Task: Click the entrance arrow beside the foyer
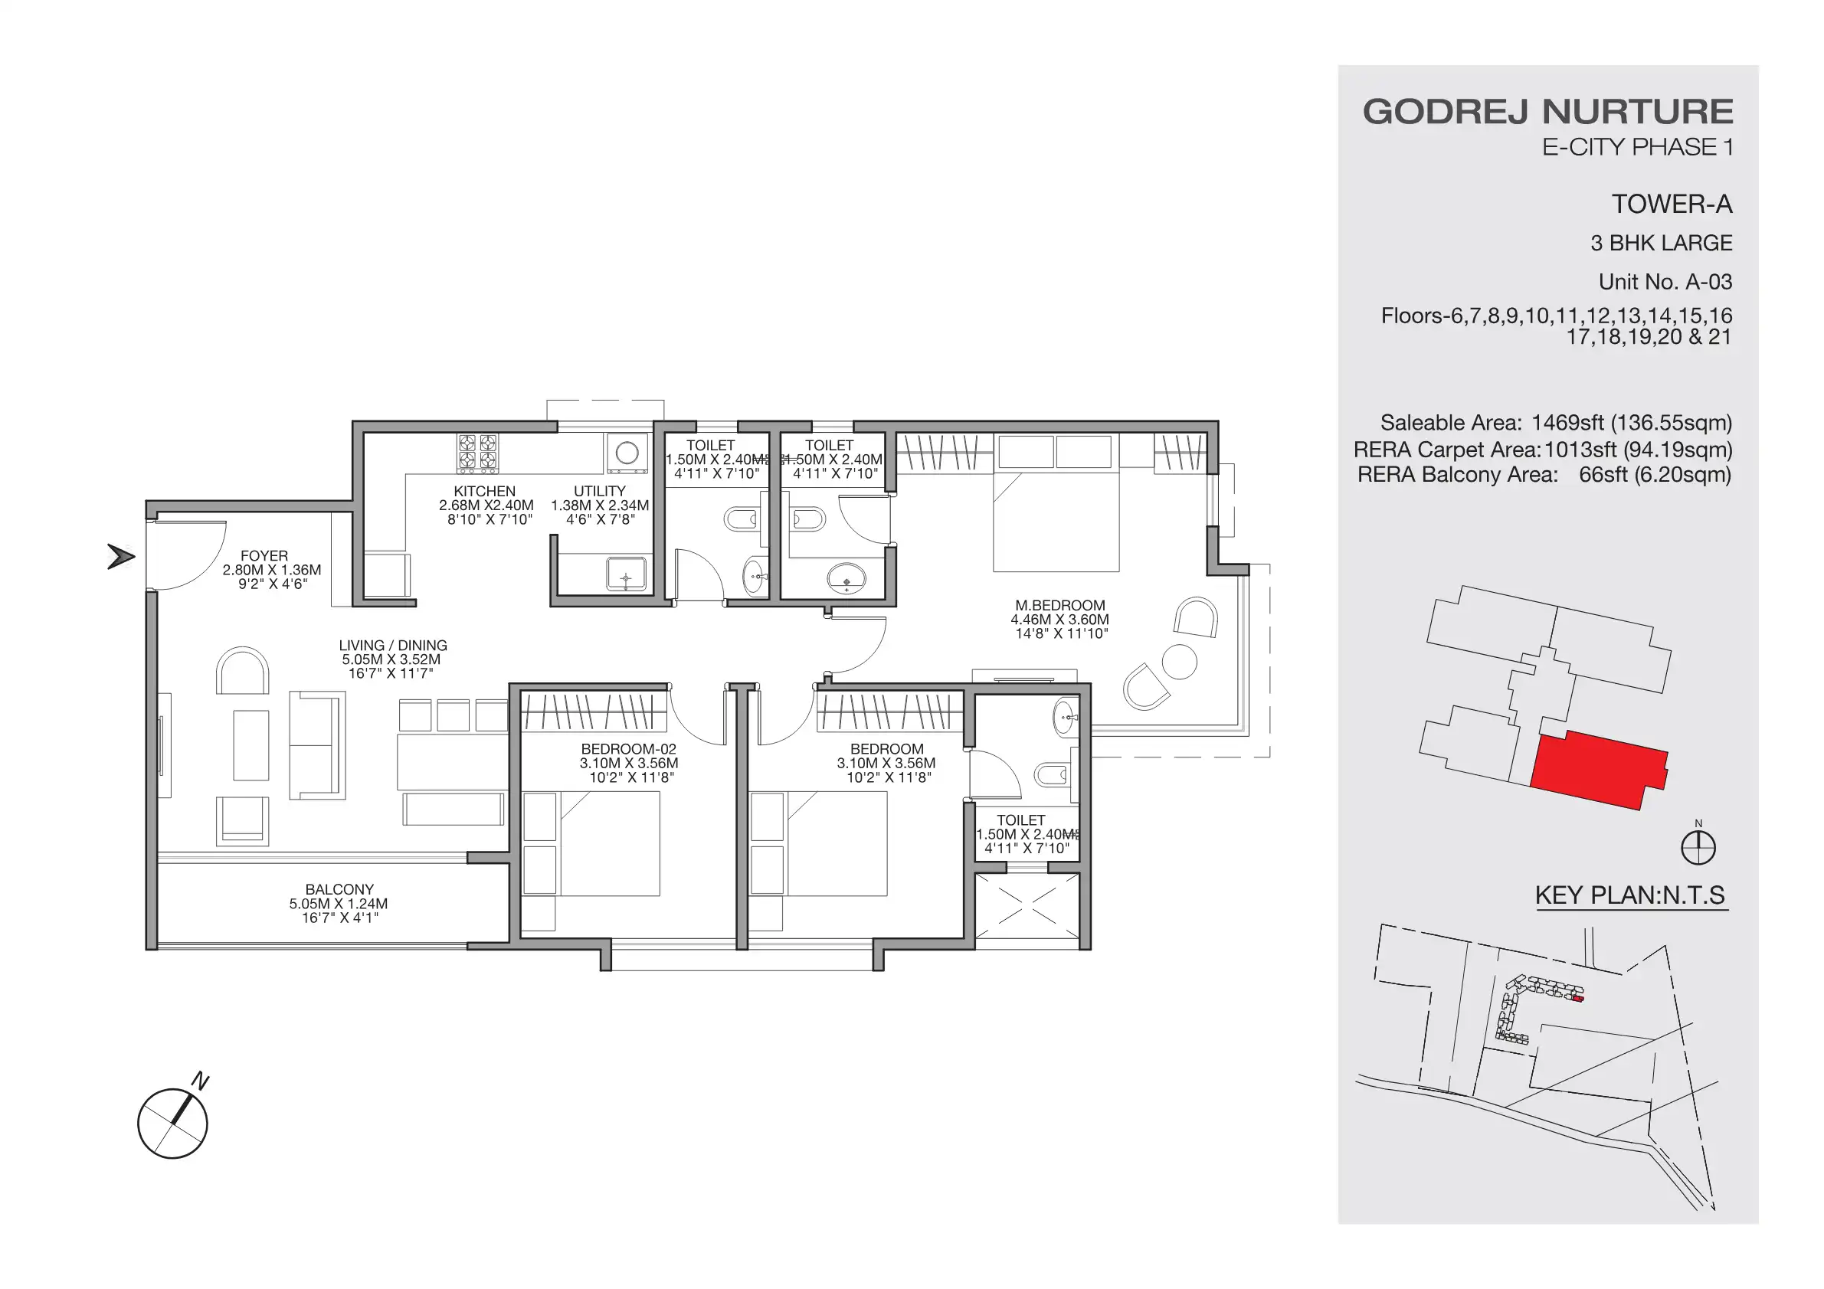(121, 557)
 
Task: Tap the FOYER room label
(264, 556)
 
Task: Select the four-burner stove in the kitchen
(477, 453)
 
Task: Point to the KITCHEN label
(485, 492)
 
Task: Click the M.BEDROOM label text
(1059, 605)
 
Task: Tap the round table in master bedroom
(1179, 662)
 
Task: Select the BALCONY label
(339, 889)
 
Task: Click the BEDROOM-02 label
(628, 749)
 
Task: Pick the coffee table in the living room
(251, 745)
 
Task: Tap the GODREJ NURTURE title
(1547, 112)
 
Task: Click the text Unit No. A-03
(1665, 282)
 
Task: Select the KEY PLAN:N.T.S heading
(1629, 895)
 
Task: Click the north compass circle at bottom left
(172, 1123)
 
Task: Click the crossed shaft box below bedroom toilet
(1027, 906)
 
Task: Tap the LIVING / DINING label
(392, 646)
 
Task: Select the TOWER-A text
(1672, 205)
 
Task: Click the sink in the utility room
(626, 574)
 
